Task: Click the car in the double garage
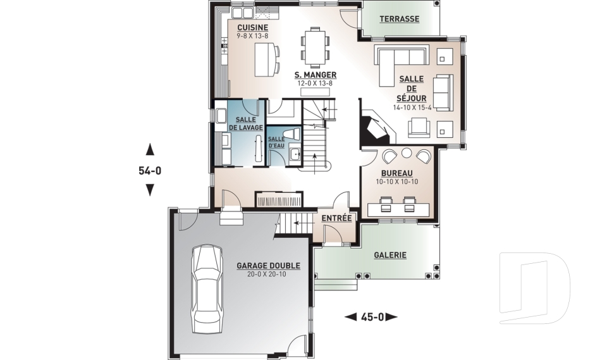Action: point(207,289)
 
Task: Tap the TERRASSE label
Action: point(399,19)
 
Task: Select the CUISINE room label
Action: point(252,27)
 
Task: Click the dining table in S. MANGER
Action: point(316,47)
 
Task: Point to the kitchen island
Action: point(264,59)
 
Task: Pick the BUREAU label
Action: point(397,173)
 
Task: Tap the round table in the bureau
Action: point(406,152)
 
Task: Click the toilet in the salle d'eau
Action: point(291,133)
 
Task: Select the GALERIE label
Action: point(390,255)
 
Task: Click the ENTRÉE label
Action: point(336,218)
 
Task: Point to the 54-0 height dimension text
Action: point(150,170)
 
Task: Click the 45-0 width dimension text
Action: point(372,318)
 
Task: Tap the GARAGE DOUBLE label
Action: point(268,266)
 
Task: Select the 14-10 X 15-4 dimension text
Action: point(412,108)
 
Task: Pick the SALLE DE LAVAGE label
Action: point(245,123)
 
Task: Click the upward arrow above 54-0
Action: point(150,149)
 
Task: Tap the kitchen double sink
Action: point(242,13)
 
